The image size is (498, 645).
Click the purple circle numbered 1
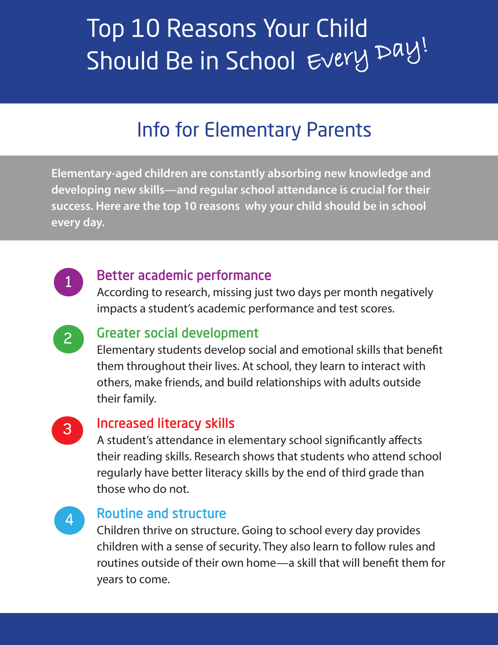(68, 282)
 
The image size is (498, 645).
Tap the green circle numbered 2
(68, 339)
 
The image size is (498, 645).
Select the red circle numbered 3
(68, 430)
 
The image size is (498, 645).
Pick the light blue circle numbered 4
(69, 520)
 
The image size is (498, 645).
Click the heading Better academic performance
(184, 276)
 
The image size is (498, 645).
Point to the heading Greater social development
(177, 333)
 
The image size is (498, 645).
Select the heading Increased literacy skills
(165, 423)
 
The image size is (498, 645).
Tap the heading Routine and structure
(161, 514)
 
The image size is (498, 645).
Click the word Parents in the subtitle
(338, 130)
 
